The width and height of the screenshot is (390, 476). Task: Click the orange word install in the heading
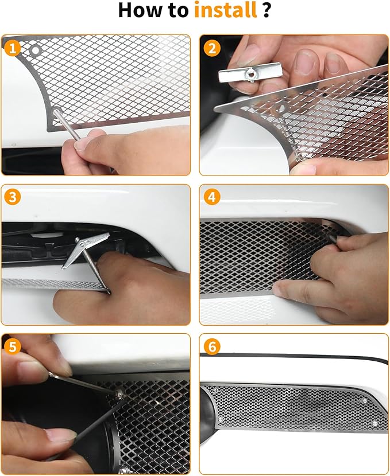[225, 11]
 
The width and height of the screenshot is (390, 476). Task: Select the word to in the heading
[182, 11]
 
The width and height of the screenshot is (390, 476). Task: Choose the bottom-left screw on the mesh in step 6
[221, 420]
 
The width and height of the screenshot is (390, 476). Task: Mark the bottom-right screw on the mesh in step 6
[374, 423]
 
